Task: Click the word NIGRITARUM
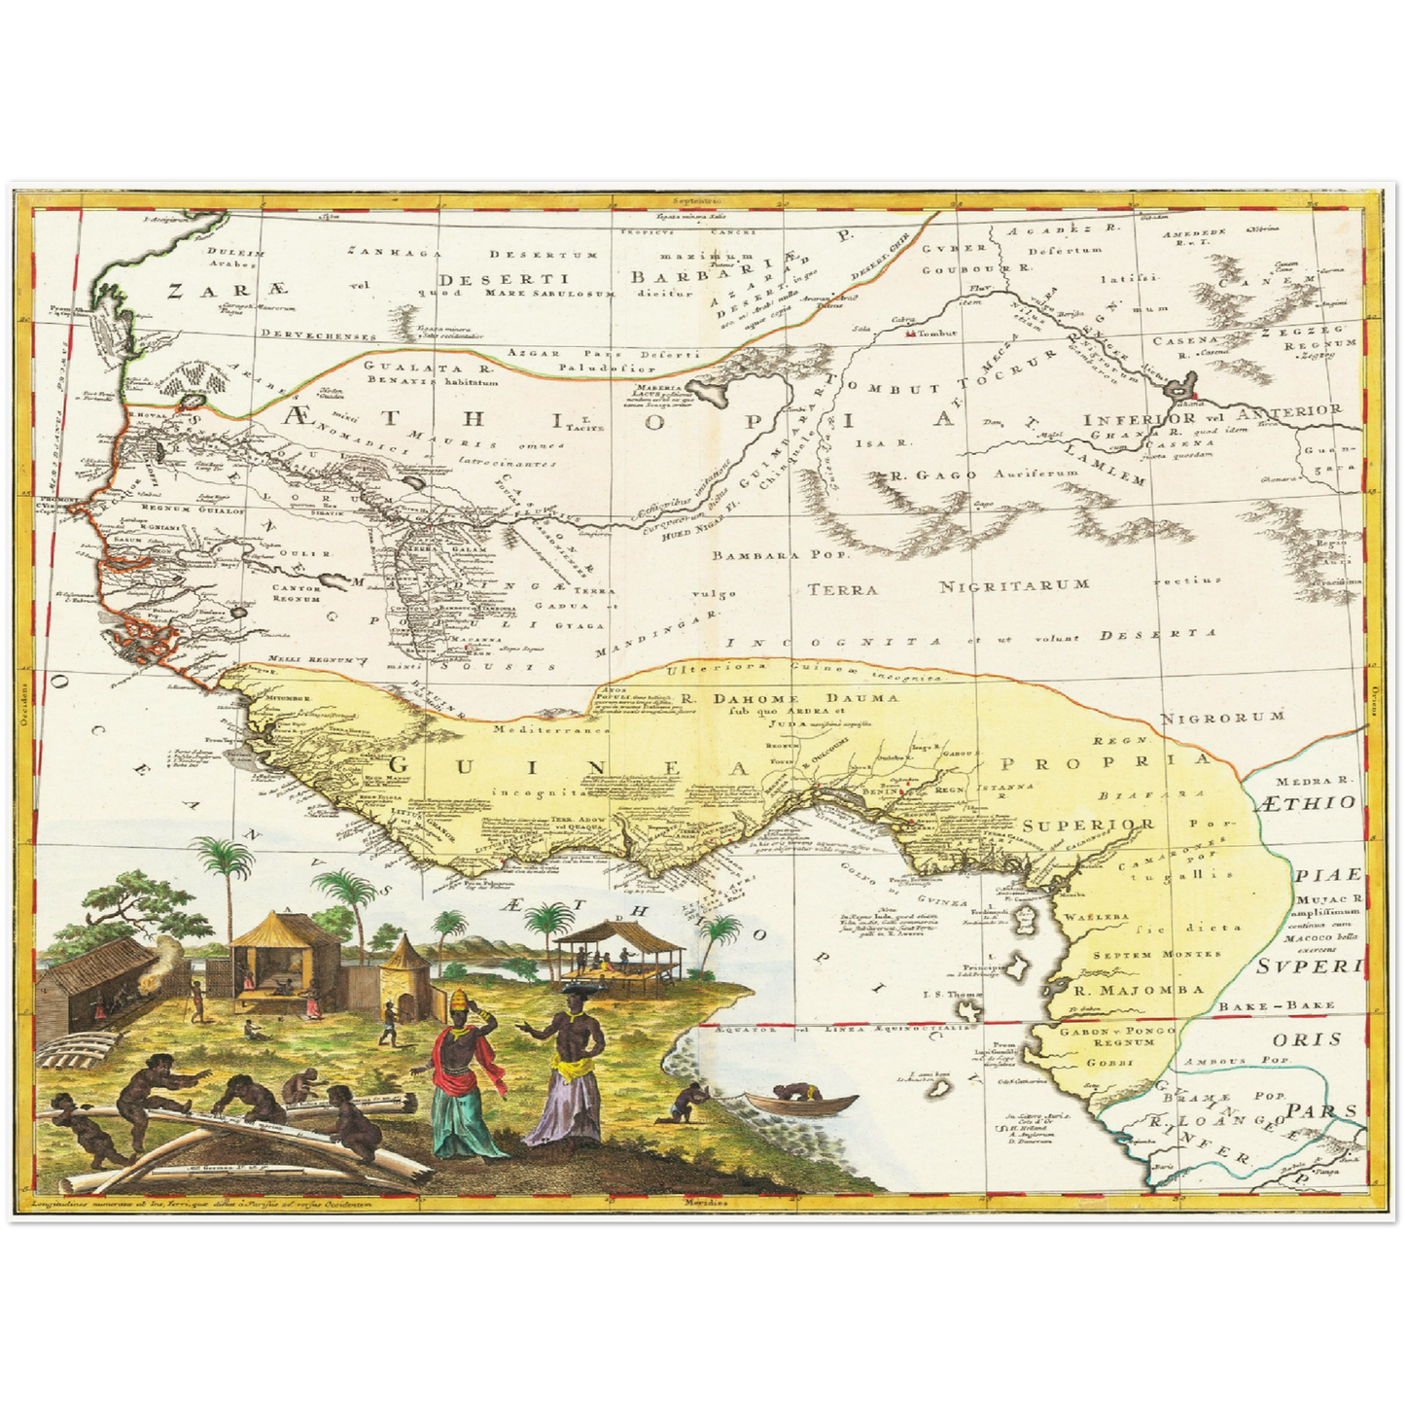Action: click(1014, 585)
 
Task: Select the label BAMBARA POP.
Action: click(780, 557)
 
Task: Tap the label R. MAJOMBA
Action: click(1138, 991)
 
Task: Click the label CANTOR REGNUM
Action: click(297, 593)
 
